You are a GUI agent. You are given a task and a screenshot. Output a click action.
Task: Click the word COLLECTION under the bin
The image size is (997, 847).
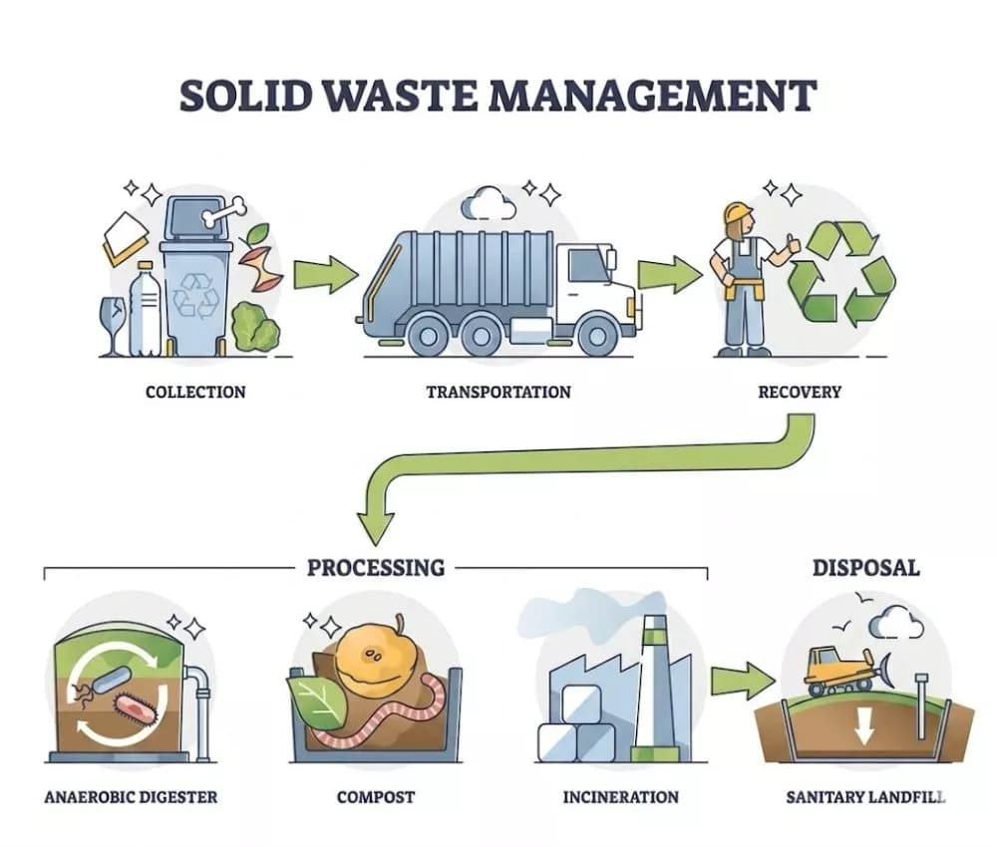[x=195, y=392]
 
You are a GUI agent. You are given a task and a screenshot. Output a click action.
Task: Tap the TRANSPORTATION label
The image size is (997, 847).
[x=498, y=392]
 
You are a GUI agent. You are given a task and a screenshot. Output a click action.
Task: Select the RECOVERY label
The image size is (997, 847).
[x=800, y=392]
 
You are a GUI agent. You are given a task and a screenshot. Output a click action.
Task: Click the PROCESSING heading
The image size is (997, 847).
[x=376, y=567]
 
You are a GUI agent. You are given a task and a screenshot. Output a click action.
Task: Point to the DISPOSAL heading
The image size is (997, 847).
[x=866, y=567]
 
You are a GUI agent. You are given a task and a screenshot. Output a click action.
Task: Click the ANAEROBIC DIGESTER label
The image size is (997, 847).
[x=131, y=797]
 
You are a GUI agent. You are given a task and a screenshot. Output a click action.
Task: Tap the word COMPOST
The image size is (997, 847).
[x=376, y=797]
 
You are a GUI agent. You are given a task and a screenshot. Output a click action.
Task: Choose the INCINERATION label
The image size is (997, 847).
[x=620, y=797]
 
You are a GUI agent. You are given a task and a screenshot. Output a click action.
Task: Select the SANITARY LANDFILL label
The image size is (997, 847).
[x=866, y=797]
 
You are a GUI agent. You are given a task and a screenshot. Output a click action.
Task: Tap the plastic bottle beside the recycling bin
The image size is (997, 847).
[x=145, y=310]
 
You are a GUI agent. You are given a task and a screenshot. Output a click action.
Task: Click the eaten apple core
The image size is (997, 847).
[x=264, y=258]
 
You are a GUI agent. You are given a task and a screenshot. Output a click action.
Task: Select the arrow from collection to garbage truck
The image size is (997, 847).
[x=326, y=274]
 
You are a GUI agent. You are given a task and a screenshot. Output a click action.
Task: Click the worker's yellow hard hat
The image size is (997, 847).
[x=738, y=212]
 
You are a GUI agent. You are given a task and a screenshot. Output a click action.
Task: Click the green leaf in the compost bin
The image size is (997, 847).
[x=318, y=703]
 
